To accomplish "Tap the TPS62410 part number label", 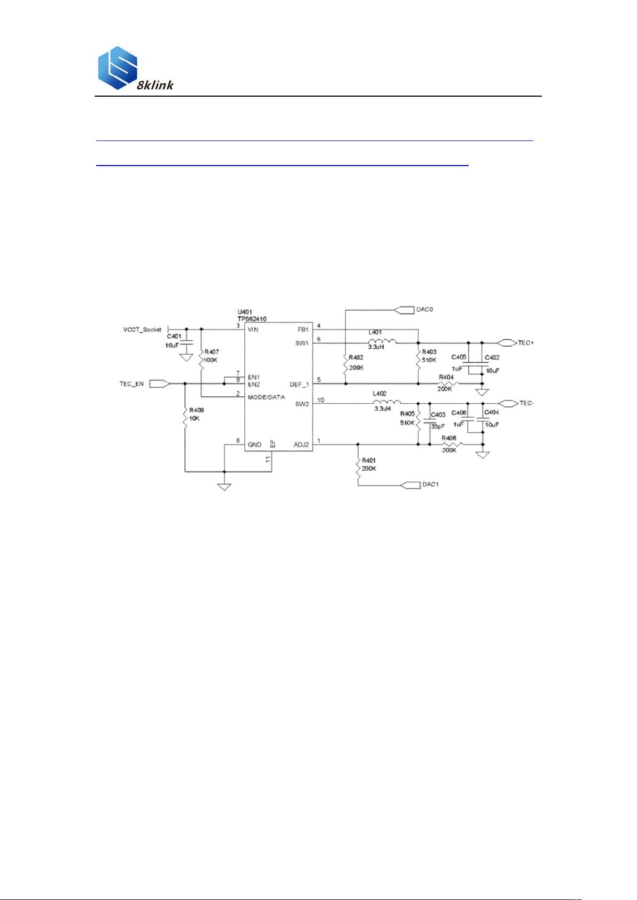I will pos(252,319).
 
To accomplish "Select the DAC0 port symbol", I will pos(405,309).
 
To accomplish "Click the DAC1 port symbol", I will pos(410,484).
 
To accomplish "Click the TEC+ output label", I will pos(525,343).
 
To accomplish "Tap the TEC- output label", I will pos(526,403).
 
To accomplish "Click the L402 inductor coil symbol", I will pos(386,402).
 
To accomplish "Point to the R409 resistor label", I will pos(196,410).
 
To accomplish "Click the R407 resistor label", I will pos(211,352).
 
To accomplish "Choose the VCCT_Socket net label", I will pos(142,330).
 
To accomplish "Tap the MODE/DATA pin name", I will pos(266,397).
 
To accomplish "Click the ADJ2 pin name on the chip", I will pos(301,444).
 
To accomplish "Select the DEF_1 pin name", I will pos(299,385).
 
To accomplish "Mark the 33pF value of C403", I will pos(438,427).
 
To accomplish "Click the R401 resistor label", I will pos(369,460).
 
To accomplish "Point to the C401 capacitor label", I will pos(174,336).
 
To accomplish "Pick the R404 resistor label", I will pos(446,378).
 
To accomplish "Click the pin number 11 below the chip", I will pos(268,459).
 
